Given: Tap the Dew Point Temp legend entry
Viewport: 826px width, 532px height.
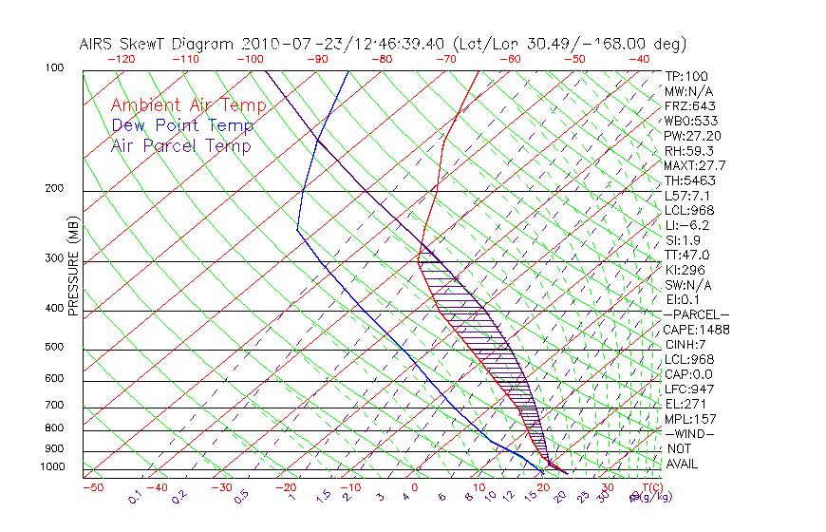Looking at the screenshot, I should pyautogui.click(x=182, y=125).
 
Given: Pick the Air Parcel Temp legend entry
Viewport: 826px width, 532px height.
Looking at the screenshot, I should pyautogui.click(x=180, y=145).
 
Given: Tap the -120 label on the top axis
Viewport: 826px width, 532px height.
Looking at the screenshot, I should pyautogui.click(x=121, y=58).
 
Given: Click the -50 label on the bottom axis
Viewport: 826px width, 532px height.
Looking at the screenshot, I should pyautogui.click(x=92, y=487).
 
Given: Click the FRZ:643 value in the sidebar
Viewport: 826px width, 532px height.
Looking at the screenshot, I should pyautogui.click(x=690, y=106).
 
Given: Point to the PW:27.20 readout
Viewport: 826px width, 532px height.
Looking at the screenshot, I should pyautogui.click(x=693, y=136).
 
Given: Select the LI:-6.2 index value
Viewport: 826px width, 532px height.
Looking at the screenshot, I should pyautogui.click(x=687, y=225).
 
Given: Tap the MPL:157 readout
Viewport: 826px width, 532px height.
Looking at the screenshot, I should pyautogui.click(x=689, y=419).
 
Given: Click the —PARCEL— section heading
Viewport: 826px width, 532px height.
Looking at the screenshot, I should pyautogui.click(x=696, y=314).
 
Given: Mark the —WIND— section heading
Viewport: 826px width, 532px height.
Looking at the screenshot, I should pyautogui.click(x=690, y=433).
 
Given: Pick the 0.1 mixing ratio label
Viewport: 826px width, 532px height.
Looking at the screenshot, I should pyautogui.click(x=135, y=495).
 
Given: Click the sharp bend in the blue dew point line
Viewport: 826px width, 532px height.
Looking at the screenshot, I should pyautogui.click(x=297, y=229).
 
